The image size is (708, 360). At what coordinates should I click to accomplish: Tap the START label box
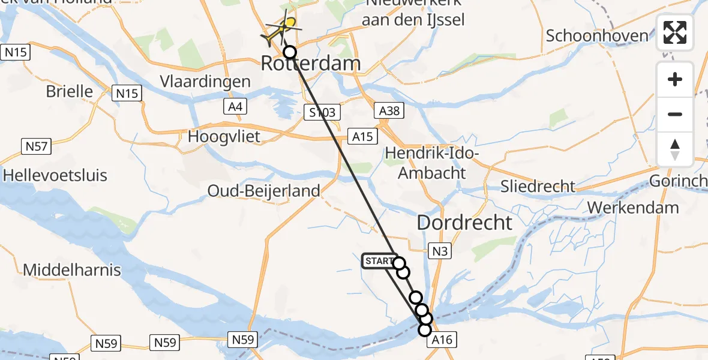(x=378, y=262)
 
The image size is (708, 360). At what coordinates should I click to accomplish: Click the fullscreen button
(x=675, y=32)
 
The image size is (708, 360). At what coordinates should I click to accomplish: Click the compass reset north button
(x=675, y=149)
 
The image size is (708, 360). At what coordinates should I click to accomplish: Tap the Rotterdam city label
(x=311, y=64)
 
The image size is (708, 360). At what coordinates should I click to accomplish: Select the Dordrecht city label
(x=464, y=223)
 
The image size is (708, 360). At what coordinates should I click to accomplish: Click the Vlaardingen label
(x=205, y=82)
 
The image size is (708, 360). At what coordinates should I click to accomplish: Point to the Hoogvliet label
(x=224, y=136)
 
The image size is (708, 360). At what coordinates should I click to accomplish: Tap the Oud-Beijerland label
(x=263, y=191)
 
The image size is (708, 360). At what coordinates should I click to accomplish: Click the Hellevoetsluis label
(x=55, y=175)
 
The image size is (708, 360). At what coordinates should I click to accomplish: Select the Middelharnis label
(x=72, y=270)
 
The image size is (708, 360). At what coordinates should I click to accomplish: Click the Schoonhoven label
(x=597, y=35)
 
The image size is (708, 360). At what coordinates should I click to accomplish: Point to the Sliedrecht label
(x=538, y=186)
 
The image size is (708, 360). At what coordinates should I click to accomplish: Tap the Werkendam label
(x=633, y=208)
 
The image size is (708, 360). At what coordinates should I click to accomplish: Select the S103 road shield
(x=322, y=112)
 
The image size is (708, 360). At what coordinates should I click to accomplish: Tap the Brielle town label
(x=70, y=91)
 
